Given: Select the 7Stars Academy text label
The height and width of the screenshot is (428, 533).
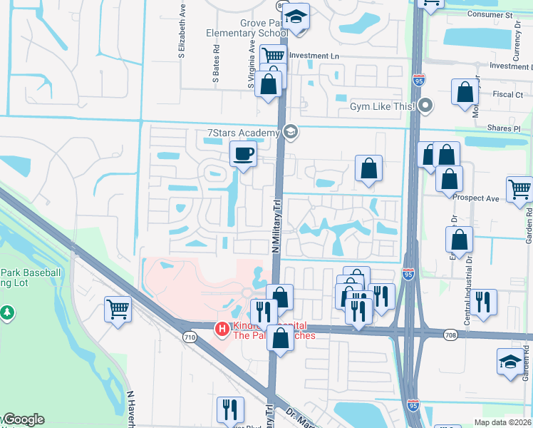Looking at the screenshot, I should [x=242, y=133].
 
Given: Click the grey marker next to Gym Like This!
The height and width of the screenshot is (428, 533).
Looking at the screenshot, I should [x=426, y=106].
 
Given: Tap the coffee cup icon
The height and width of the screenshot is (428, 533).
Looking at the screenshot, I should [x=243, y=154].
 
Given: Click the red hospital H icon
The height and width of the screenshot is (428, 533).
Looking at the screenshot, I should [x=222, y=330].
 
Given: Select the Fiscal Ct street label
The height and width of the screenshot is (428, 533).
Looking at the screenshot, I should [x=508, y=94].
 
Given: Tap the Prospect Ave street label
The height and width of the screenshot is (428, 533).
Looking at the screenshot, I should [x=479, y=198].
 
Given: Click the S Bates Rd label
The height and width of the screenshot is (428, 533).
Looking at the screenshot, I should [x=216, y=66].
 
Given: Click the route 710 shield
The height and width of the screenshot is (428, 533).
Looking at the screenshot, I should [x=189, y=337].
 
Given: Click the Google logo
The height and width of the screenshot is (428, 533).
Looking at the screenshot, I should [x=24, y=419].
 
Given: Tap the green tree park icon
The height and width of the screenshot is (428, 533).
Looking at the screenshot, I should [x=7, y=312].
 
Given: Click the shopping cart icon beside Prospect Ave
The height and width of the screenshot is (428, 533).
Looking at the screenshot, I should [x=519, y=189].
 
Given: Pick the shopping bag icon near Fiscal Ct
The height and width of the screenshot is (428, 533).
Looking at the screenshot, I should [x=465, y=92].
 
